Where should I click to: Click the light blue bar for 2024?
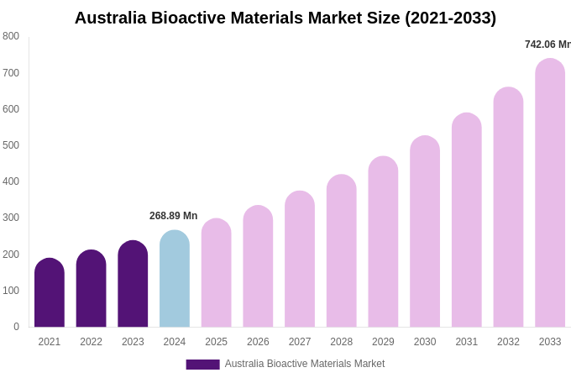pos(175,279)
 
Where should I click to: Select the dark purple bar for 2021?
pos(50,293)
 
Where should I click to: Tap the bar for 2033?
pos(550,193)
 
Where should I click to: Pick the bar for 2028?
pos(342,251)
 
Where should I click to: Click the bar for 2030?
pos(425,232)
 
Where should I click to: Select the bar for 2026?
pos(258,266)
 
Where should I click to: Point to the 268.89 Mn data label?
pos(173,216)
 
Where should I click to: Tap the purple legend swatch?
pos(202,365)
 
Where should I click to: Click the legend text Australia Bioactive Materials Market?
pos(304,364)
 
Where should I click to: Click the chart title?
pos(285,18)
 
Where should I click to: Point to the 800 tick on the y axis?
pos(11,36)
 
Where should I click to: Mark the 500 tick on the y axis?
pos(11,145)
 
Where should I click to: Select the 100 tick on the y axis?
pos(11,291)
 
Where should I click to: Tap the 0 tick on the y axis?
pos(16,327)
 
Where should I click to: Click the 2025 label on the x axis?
pos(216,342)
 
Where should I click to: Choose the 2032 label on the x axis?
pos(508,342)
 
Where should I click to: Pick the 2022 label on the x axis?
pos(91,342)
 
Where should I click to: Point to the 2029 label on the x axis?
pos(383,342)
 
